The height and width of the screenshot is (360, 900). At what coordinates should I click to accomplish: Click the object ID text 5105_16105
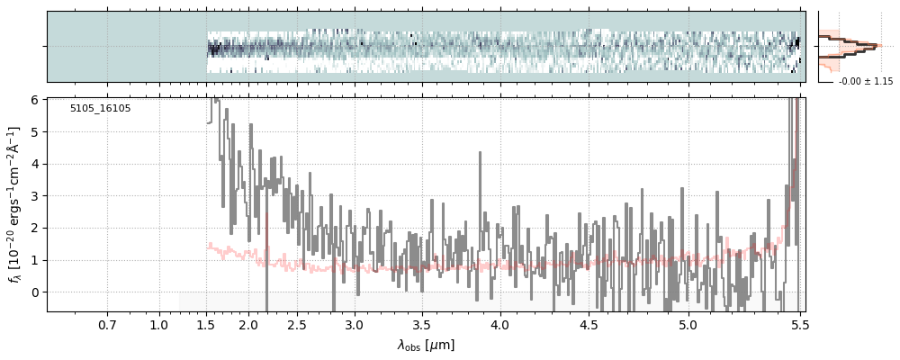tap(100, 109)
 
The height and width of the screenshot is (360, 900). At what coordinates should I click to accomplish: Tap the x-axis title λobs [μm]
tap(426, 345)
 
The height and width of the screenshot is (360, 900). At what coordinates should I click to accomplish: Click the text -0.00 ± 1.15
tap(865, 82)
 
